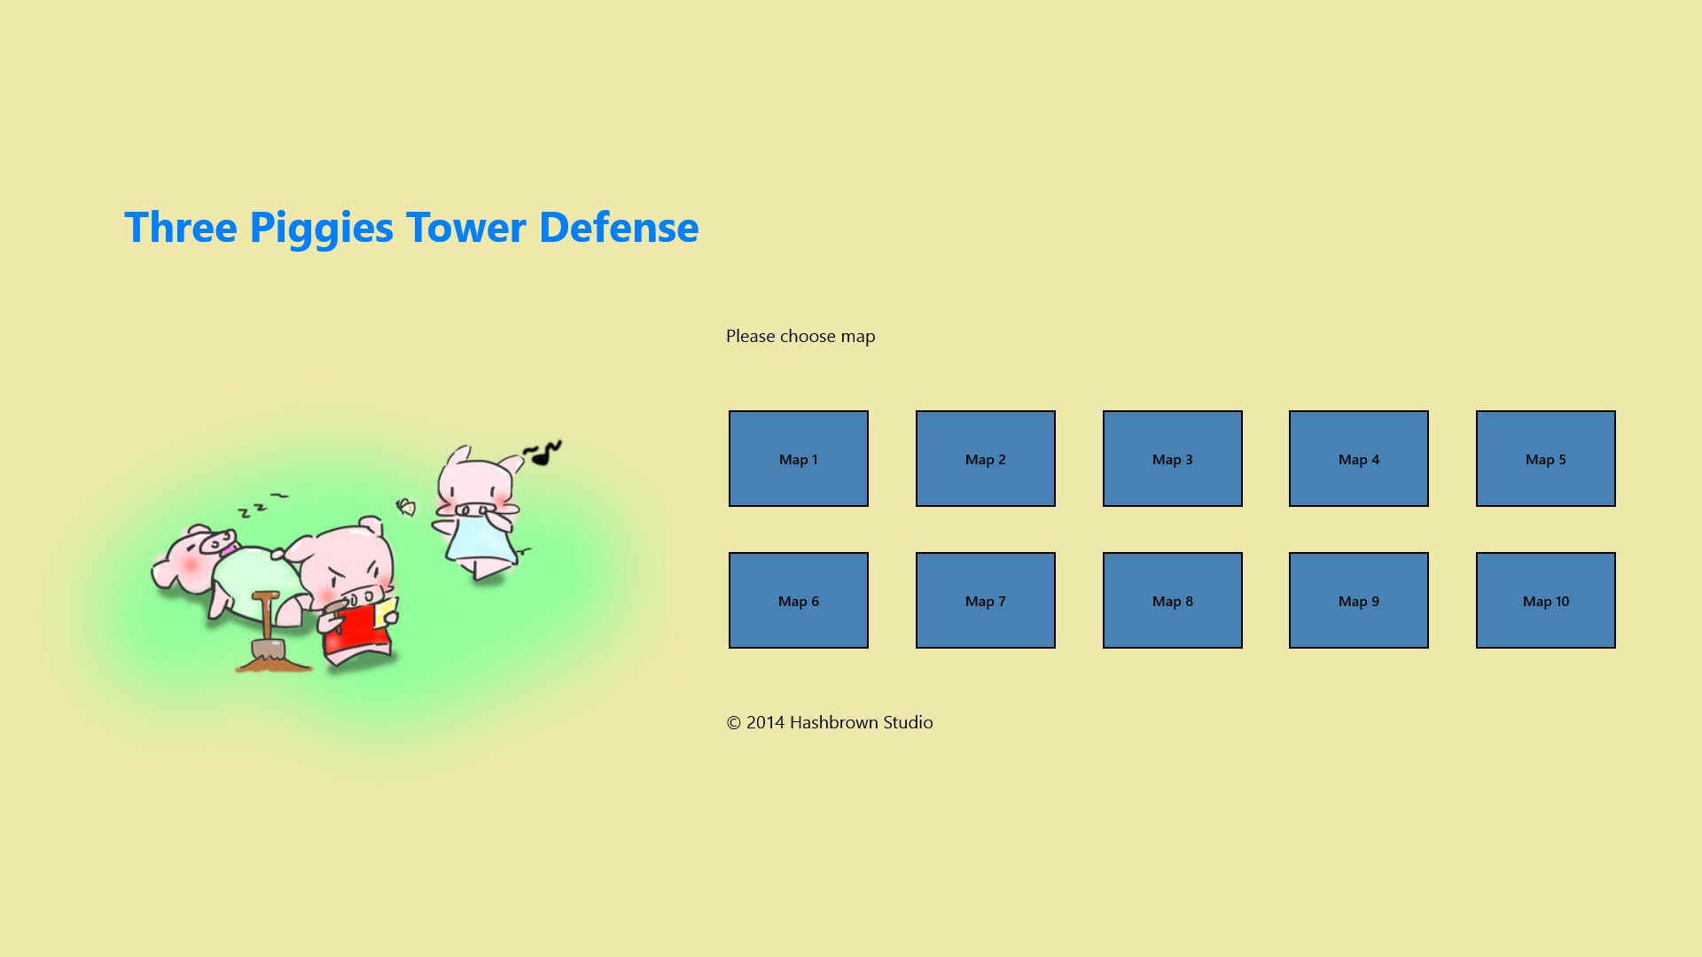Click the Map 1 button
pos(799,458)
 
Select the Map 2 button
pos(986,458)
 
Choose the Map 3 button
pos(1173,458)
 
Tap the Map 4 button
pos(1359,458)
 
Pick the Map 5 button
pos(1546,458)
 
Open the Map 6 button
pos(799,600)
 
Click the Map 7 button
pos(986,600)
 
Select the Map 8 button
pos(1173,600)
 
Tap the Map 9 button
pos(1359,600)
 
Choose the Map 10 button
pos(1546,600)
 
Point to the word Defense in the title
pos(619,227)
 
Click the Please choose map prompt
pos(800,337)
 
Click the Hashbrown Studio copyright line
pos(830,722)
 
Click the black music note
pos(543,454)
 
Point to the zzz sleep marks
pos(263,505)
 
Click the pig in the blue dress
pos(479,512)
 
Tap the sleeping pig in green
pos(230,572)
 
